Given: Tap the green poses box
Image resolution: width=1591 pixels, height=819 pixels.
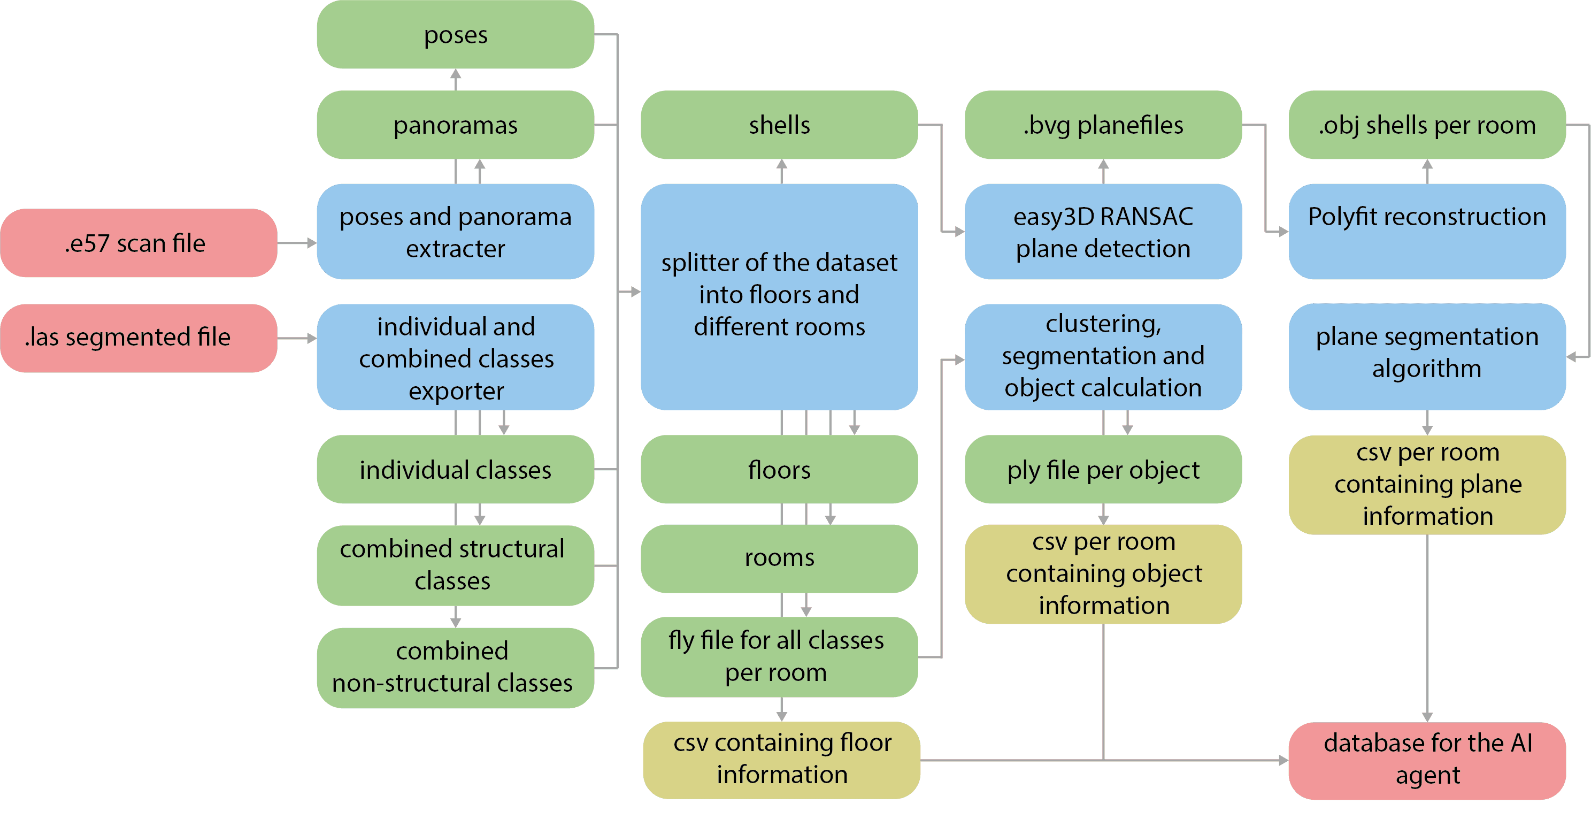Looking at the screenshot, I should coord(455,35).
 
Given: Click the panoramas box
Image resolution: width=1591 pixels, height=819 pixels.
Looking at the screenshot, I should coord(455,125).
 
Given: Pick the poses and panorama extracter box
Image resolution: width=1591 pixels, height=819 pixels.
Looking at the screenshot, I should coord(455,232).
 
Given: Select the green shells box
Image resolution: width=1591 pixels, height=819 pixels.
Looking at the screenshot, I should coord(779,125).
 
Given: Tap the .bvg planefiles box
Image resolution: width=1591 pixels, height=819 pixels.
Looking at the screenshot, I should coord(1103,125).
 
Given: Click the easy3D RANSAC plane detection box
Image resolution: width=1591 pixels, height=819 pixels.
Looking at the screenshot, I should coord(1103,232).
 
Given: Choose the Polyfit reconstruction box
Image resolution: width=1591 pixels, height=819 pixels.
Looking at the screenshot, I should coord(1427,232).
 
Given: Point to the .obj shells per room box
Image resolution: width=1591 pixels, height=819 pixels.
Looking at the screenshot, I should coord(1427,125).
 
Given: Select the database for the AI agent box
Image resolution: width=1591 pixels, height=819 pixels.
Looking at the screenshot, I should coord(1427,760).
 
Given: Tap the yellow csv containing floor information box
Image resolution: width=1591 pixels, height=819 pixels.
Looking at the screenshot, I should coord(781,760).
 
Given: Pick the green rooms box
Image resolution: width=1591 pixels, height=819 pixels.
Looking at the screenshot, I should coord(779,558).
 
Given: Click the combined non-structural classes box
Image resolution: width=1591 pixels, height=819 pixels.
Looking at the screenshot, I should coord(455,668).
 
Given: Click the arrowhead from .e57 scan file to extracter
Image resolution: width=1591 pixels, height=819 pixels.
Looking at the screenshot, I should coord(312,243).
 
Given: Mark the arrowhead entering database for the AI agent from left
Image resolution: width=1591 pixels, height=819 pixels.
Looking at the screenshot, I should coord(1283,760).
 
